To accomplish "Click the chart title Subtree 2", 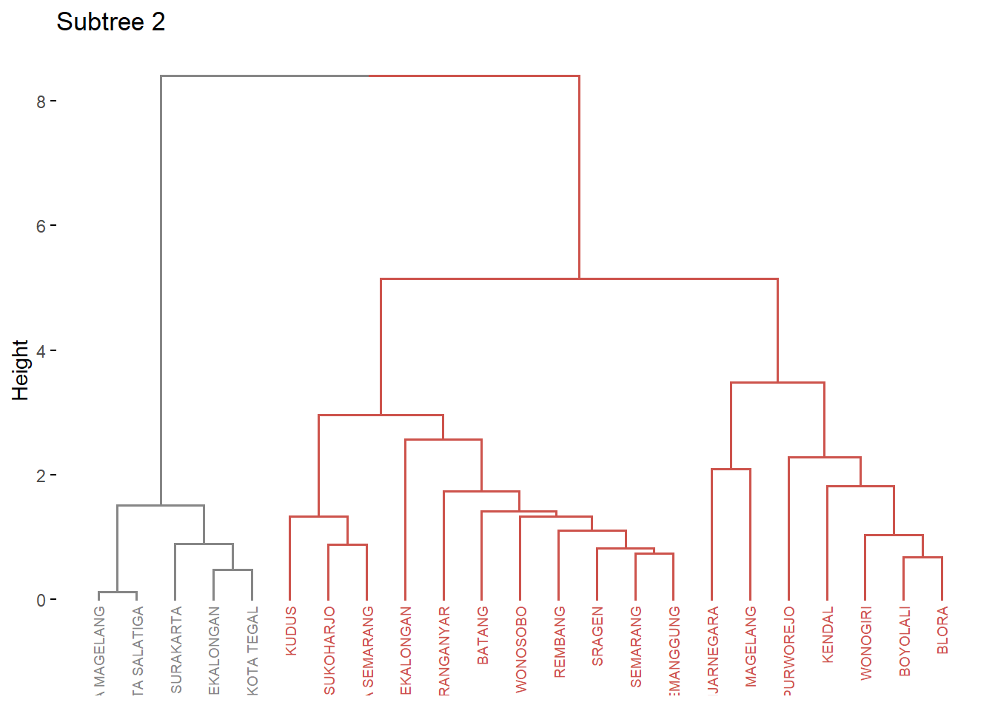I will point(110,22).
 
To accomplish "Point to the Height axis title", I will point(20,370).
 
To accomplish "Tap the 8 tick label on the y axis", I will point(41,101).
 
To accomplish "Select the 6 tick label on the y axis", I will point(41,226).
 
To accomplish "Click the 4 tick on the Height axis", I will point(41,351).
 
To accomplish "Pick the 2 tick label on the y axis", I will point(41,475).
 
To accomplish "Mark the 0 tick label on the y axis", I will point(41,600).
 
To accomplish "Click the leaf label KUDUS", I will point(291,630).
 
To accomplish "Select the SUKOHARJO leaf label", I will point(329,650).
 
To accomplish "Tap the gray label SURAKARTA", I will point(176,650).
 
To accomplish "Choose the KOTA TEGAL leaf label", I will point(252,650).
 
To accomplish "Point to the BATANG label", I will point(483,635).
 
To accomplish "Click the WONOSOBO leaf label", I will point(521,650).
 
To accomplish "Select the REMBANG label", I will point(560,641).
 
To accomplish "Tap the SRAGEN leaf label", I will point(597,636).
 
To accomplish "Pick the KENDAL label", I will point(828,634).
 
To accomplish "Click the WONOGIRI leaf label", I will point(866,643).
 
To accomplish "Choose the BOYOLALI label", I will point(905,641).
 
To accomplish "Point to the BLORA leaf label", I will point(942,630).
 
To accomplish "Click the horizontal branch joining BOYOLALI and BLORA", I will point(922,557).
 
